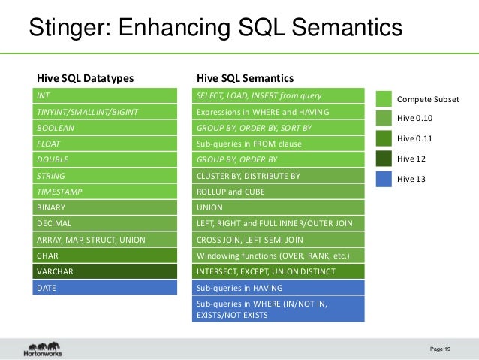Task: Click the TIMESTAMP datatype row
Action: (x=104, y=192)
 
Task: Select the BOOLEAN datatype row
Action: (x=104, y=128)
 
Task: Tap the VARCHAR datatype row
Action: (x=104, y=271)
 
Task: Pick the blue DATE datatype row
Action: (x=104, y=288)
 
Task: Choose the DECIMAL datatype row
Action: (x=104, y=223)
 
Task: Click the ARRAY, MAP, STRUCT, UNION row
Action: (x=104, y=240)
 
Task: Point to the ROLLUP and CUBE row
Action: (x=279, y=192)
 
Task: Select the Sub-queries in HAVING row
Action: (x=279, y=288)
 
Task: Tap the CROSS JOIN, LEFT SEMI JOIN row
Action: (x=279, y=240)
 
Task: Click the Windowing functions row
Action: (x=279, y=256)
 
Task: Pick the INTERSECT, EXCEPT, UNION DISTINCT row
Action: (x=279, y=271)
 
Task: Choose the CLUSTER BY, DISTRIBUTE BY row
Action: (x=279, y=176)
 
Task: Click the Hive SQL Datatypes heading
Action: (x=86, y=77)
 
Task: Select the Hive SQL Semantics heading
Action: (x=245, y=77)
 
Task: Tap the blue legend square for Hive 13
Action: (x=384, y=178)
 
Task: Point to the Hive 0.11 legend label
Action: (x=414, y=138)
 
